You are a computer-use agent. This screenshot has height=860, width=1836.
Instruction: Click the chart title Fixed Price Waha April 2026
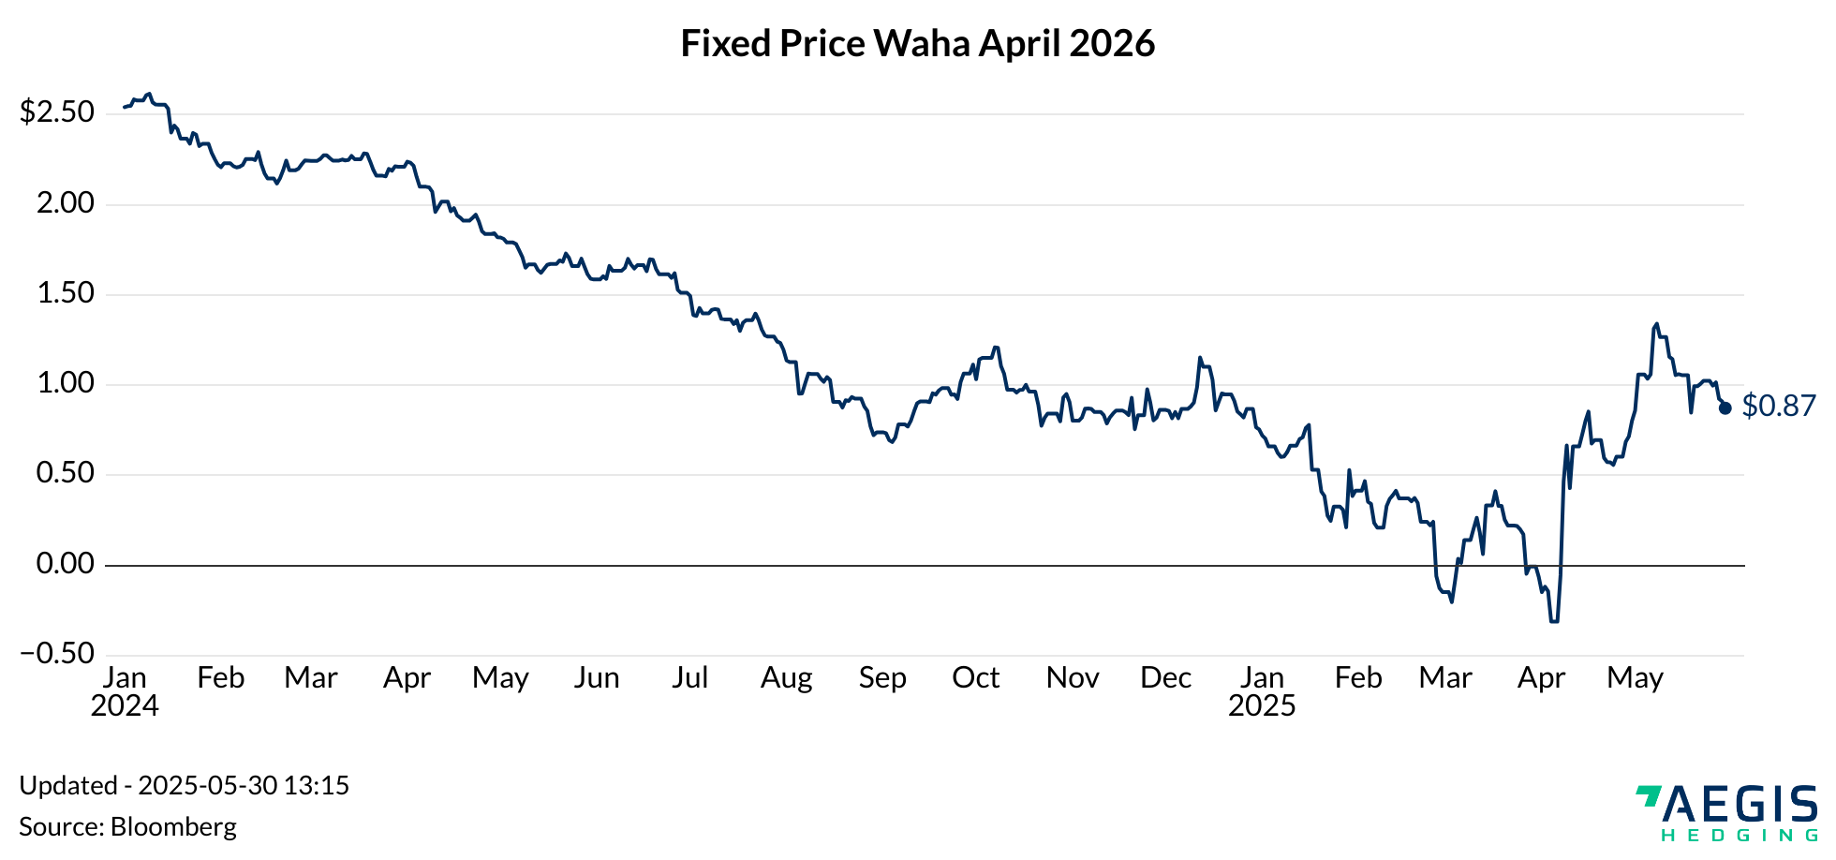917,44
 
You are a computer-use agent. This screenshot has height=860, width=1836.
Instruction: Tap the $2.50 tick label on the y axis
57,112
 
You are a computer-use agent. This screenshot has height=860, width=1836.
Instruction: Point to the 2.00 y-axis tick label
66,203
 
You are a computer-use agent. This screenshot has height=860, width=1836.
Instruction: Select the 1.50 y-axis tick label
66,293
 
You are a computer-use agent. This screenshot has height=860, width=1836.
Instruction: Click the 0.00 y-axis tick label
66,564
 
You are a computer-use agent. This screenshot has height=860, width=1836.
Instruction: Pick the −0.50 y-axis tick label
57,654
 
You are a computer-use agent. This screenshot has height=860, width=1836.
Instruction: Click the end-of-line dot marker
1725,408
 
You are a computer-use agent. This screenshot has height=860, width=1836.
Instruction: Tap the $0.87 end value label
1779,406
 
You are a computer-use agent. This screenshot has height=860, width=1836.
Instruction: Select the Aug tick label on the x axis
786,677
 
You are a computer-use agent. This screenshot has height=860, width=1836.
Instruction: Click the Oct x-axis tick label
975,677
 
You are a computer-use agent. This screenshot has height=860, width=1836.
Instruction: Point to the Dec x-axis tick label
1165,677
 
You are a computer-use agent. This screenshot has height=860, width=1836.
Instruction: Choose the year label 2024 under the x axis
125,705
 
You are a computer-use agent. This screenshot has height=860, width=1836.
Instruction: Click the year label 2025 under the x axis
1262,705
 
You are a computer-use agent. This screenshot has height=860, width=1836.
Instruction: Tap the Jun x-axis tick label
597,677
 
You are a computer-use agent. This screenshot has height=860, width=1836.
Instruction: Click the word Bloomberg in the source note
173,826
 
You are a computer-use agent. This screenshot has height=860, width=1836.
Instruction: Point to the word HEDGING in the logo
1740,835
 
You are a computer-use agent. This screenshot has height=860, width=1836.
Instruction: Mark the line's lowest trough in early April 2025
1554,621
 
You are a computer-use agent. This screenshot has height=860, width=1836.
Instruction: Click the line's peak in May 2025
1657,324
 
